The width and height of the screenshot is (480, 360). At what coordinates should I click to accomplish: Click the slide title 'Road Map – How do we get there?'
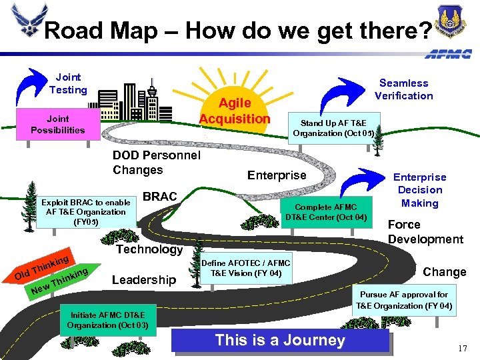point(237,30)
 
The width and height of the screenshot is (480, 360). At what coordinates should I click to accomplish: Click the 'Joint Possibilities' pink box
point(58,125)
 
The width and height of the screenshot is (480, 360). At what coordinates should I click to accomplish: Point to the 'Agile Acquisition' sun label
point(235,111)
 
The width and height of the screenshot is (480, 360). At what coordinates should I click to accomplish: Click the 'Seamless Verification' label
point(403,89)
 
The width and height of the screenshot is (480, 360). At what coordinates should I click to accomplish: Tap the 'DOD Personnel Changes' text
point(157,163)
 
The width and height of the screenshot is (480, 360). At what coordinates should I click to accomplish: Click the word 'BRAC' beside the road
point(160,197)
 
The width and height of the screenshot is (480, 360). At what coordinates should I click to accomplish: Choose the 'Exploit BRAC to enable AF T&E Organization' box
point(85,212)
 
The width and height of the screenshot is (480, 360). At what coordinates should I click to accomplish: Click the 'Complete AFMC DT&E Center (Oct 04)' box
point(326,212)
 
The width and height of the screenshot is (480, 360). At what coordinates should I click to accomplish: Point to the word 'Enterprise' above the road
point(277,175)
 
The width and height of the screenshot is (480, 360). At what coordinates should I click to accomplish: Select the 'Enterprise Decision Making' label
point(420,190)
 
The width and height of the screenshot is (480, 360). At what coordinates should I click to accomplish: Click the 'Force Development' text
point(425,232)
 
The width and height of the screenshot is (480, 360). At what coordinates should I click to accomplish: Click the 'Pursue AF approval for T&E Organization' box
point(404,300)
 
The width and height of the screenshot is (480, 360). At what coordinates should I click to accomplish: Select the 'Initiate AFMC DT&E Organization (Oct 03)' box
point(111,320)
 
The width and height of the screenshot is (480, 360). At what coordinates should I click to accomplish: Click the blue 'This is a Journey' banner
point(280,341)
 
